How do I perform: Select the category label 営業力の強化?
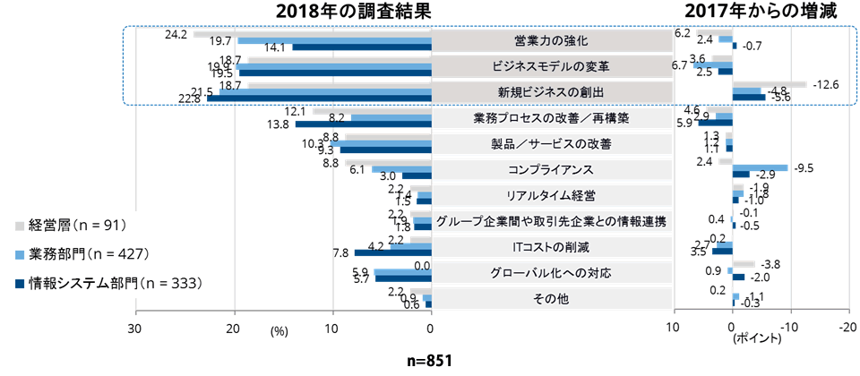click(551, 41)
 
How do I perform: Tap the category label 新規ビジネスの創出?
click(551, 92)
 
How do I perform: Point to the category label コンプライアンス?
click(551, 169)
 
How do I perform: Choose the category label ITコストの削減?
click(551, 247)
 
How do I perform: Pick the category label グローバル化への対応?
click(551, 273)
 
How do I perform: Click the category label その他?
click(551, 299)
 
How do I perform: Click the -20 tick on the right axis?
click(845, 329)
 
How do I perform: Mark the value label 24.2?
click(176, 35)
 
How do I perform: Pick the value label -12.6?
click(825, 84)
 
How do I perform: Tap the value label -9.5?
click(804, 167)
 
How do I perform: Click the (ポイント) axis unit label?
click(757, 340)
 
